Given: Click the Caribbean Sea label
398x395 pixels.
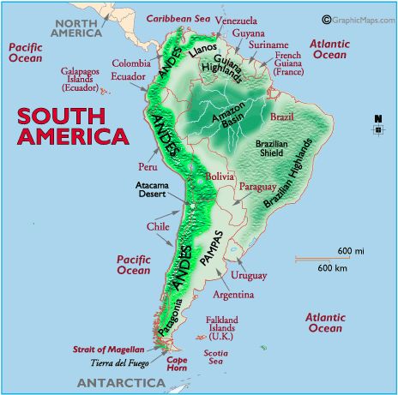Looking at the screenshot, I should pos(178,18).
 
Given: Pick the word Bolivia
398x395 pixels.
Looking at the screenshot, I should pos(219,176).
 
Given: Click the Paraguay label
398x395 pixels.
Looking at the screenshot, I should pos(257,186).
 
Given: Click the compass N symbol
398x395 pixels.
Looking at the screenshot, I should pos(377,119).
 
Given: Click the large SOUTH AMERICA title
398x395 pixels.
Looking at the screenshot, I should pos(73,126).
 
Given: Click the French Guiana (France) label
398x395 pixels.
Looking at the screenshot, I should pos(292,61).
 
